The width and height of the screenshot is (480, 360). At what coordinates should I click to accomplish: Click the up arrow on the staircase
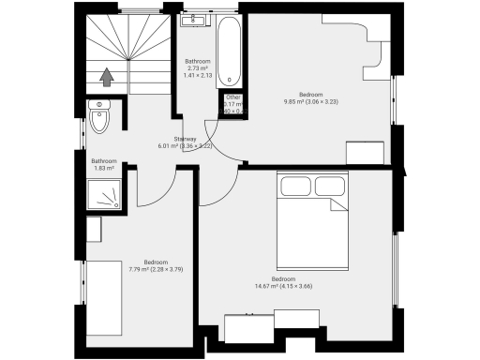[107, 78]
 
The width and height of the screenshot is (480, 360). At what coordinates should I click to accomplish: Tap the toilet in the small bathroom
[102, 119]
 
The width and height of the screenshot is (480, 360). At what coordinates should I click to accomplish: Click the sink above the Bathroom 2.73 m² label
[198, 19]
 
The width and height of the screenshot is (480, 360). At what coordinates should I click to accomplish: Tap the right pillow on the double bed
[329, 186]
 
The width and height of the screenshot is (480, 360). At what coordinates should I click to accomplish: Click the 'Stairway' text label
[171, 139]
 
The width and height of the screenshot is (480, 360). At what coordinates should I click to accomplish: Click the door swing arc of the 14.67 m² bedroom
[214, 192]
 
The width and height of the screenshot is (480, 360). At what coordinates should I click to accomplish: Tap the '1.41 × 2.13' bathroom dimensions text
[197, 75]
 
